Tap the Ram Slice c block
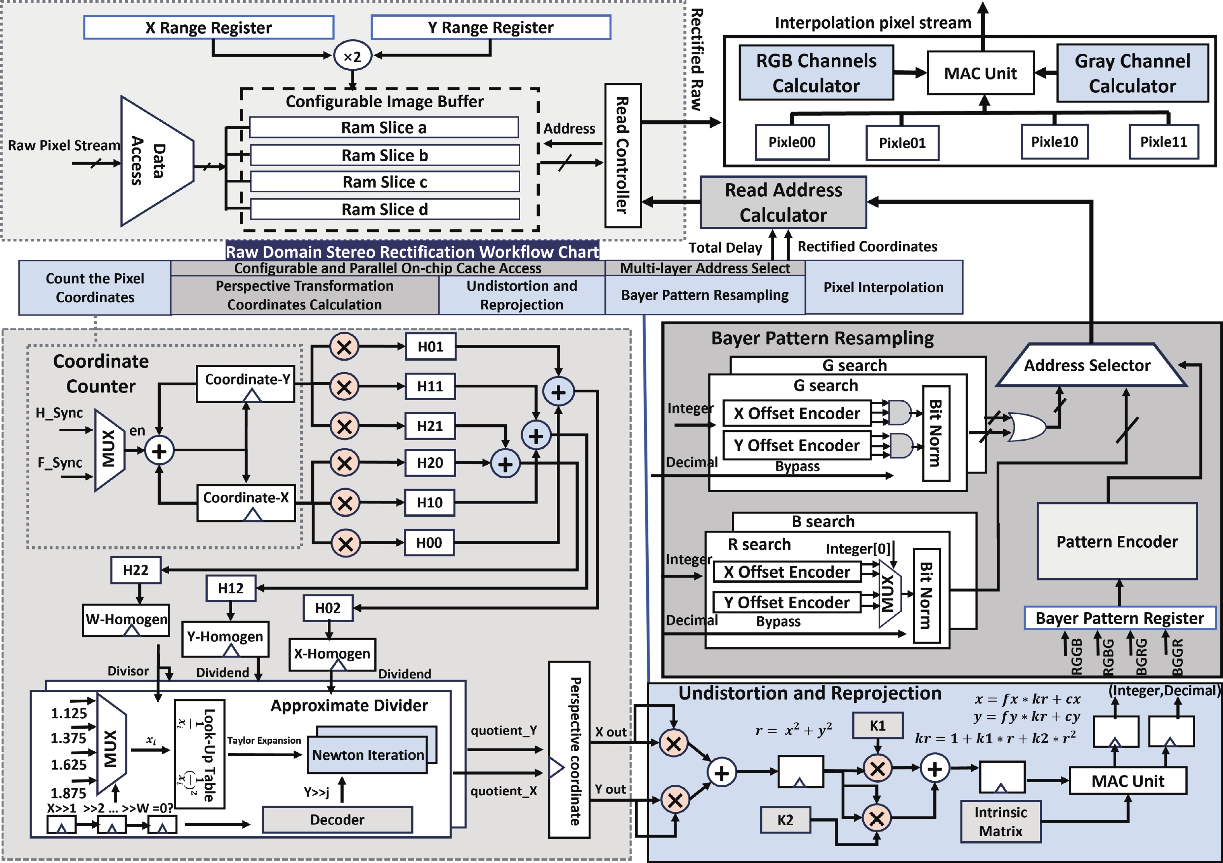385,182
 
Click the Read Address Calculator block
783,202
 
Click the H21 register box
430,426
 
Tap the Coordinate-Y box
245,384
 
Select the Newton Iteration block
368,755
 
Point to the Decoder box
337,819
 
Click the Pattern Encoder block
1117,541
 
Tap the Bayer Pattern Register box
1120,618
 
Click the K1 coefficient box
878,726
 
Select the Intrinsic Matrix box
1001,821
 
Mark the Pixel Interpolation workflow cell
883,288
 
